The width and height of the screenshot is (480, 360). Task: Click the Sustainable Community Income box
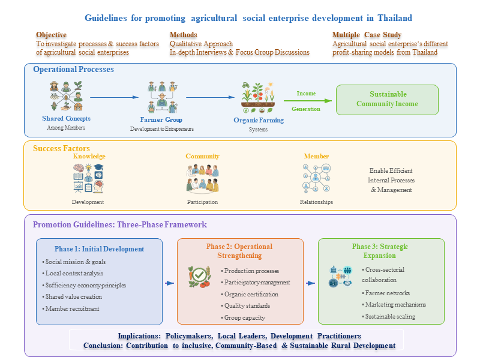387,99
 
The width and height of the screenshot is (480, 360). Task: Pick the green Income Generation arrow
313,101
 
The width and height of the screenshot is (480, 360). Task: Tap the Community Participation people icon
202,178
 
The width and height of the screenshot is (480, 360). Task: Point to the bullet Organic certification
251,294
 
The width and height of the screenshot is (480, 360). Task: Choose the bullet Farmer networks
387,293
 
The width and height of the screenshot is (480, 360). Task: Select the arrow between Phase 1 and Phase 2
170,283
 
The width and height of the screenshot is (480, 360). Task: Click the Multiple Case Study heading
367,35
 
